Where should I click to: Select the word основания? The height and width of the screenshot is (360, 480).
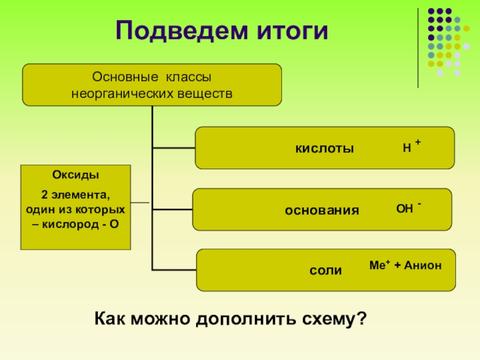[322, 211]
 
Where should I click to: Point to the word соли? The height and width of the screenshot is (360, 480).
[326, 271]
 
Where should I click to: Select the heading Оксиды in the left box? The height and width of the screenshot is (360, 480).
[76, 175]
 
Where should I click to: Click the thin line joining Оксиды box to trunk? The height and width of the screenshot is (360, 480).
[141, 202]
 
